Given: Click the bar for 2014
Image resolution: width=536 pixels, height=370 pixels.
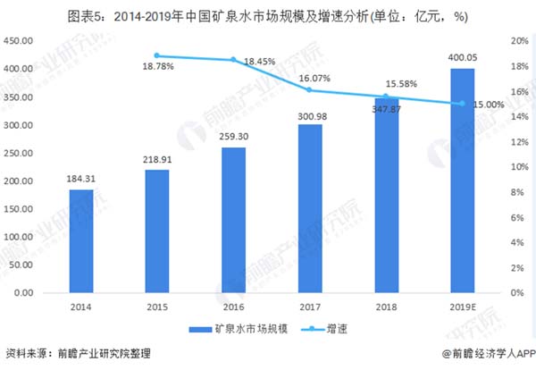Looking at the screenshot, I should [80, 241].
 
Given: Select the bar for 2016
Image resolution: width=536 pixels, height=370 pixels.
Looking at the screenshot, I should [233, 220].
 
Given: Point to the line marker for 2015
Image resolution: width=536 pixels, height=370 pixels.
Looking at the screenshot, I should [157, 56].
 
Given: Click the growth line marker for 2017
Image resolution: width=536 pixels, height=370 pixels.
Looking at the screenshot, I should [309, 90].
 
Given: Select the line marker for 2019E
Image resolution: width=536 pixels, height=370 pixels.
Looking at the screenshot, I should [462, 104].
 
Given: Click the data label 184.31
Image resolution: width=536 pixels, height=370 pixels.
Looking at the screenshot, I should [80, 180].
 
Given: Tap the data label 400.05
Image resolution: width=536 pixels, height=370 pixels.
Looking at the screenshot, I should [462, 58].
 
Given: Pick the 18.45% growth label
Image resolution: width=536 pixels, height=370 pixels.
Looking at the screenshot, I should [259, 62].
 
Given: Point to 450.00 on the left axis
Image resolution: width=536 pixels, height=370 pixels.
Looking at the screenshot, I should [19, 41].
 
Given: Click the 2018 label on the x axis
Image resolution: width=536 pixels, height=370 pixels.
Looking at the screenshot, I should [386, 307].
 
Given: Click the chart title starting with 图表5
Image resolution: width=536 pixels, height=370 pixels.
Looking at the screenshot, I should [267, 15].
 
